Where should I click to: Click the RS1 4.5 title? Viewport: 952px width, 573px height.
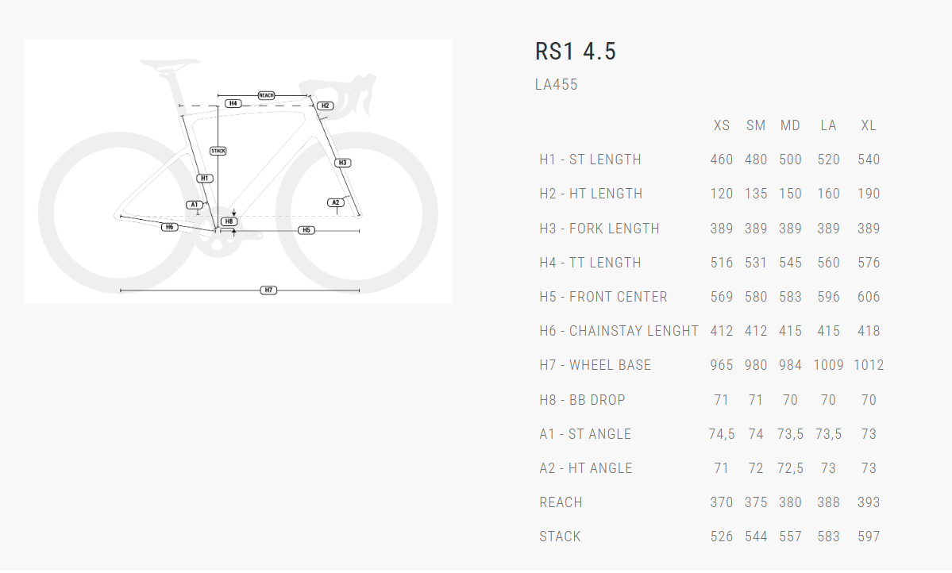(576, 52)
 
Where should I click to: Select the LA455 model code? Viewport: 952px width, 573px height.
(557, 85)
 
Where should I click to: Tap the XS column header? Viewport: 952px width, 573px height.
(721, 125)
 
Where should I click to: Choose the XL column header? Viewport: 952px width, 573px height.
(869, 125)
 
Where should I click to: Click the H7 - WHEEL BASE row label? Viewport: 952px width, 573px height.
(595, 365)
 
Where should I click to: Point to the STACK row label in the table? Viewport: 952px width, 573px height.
(560, 536)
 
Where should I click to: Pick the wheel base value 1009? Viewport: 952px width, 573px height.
(828, 365)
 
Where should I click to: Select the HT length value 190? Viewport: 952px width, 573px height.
(869, 194)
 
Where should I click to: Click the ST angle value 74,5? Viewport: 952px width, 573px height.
(721, 434)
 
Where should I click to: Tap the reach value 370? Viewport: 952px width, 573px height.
(721, 502)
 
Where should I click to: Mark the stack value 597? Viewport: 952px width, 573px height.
(869, 536)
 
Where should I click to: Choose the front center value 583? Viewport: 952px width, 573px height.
(790, 297)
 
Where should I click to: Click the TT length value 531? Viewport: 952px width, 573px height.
(756, 263)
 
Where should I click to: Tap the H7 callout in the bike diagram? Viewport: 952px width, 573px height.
(269, 290)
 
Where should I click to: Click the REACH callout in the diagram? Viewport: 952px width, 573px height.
(266, 95)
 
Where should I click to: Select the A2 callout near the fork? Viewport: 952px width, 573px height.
(336, 202)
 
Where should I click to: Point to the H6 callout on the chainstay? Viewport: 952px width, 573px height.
(169, 227)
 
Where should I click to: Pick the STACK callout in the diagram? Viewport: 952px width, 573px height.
(218, 151)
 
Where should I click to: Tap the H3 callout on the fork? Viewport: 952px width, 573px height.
(342, 163)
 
